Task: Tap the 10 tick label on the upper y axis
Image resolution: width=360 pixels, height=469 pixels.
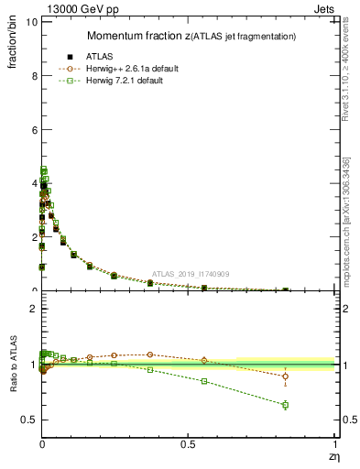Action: point(31,22)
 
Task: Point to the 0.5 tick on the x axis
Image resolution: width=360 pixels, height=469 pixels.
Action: point(189,445)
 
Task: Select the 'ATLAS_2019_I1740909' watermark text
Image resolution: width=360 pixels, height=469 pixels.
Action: point(191,273)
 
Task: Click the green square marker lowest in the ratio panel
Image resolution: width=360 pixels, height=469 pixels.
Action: point(286,405)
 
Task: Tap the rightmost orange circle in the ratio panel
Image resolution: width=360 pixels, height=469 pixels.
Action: point(286,376)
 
